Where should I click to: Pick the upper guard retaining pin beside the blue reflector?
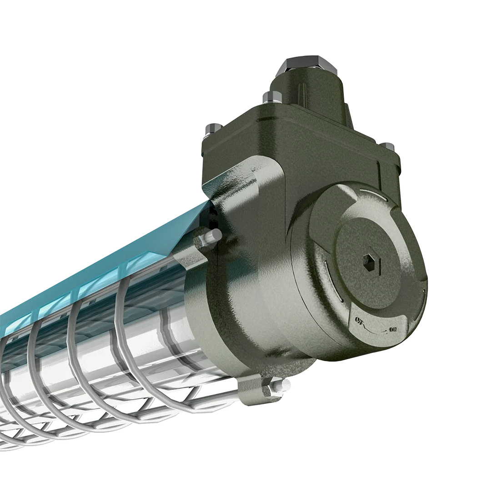pyautogui.click(x=212, y=237)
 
